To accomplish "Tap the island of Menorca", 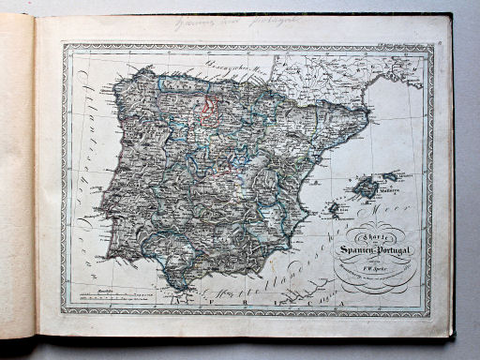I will point(390,175).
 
